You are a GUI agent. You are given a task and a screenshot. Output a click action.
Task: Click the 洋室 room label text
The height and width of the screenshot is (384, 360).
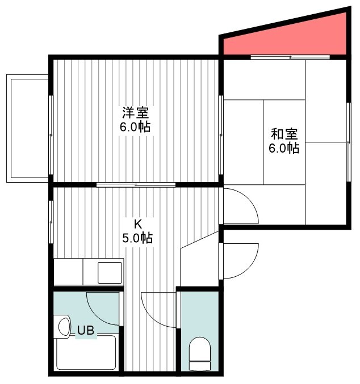coord(135,112)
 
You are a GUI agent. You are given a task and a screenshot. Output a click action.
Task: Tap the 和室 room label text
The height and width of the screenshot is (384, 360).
coord(284,134)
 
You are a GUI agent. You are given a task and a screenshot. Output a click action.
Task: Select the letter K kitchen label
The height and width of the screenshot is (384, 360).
coord(137,223)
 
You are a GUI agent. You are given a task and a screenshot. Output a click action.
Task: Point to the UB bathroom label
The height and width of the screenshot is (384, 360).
coord(86,330)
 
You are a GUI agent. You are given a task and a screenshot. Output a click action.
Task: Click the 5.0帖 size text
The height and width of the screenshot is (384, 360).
coord(137,238)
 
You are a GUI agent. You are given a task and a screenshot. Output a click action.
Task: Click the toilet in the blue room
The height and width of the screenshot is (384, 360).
coord(200,353)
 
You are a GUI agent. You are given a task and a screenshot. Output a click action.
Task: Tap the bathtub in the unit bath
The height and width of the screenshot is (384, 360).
coord(86,353)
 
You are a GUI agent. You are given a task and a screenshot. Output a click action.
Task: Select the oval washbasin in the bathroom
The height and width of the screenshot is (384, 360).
coord(64,327)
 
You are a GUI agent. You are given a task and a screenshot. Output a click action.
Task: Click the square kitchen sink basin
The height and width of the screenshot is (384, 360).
coord(110,273)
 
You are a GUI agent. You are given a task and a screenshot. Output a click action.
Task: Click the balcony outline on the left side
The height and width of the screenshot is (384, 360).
coord(27,128)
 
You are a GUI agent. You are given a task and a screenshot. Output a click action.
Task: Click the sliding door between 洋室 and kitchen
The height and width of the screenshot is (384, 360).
coord(136,185)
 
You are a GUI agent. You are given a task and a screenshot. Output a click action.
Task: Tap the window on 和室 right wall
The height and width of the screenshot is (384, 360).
coord(349,142)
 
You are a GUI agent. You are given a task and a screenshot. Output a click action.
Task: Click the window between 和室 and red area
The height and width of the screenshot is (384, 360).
coord(290,57)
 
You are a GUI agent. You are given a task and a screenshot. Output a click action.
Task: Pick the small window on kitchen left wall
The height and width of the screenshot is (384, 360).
coord(51,222)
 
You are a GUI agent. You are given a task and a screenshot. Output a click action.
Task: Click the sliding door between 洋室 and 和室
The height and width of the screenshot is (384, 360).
coord(221,135)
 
